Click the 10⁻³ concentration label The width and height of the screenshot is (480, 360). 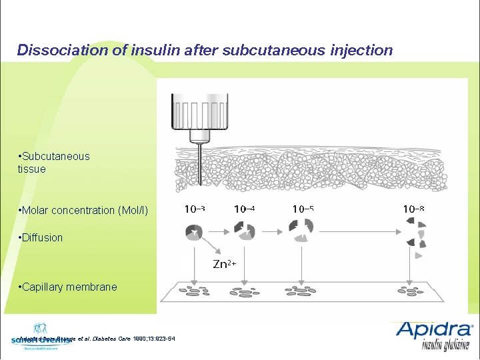(194, 209)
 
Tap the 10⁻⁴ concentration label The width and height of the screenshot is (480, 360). (244, 209)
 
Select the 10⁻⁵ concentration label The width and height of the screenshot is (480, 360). (303, 209)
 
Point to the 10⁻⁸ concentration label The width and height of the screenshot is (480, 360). (413, 209)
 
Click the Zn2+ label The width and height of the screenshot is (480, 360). (224, 264)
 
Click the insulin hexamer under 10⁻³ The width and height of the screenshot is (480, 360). (194, 233)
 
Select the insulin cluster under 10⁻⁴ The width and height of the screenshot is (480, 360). (244, 230)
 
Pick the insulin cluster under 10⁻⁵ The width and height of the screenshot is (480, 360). (302, 230)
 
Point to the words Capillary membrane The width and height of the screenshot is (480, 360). (70, 287)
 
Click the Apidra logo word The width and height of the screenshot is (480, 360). (433, 330)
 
